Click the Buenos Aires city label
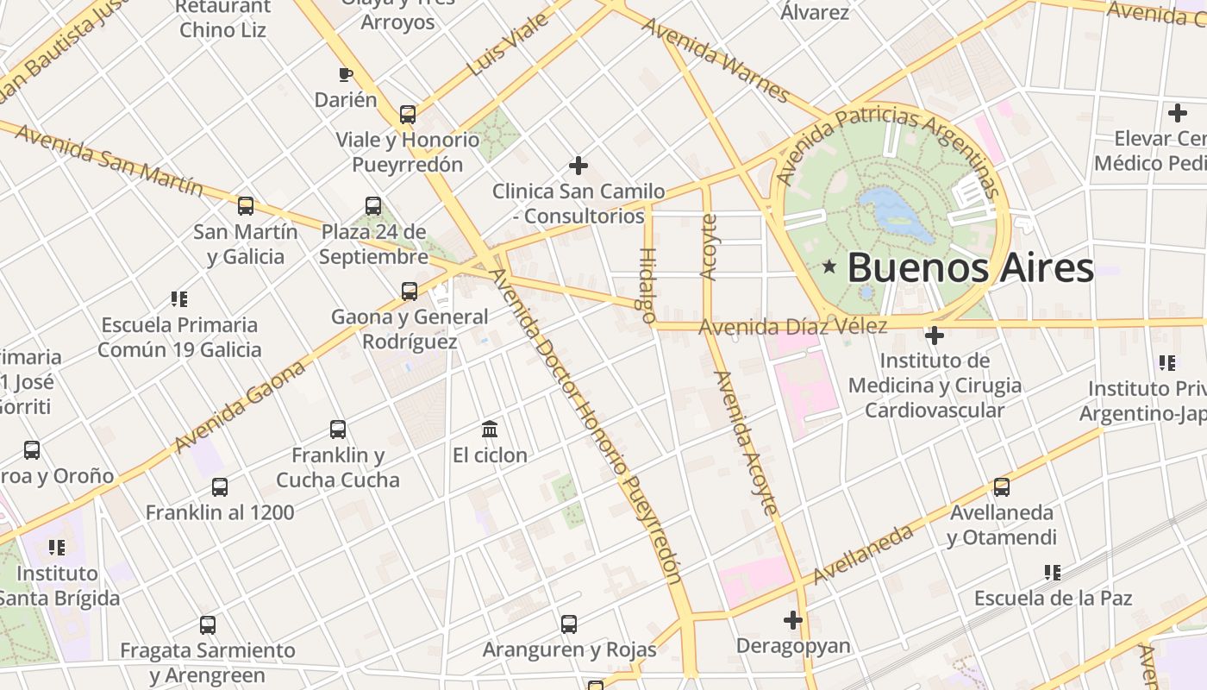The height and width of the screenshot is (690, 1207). point(970,268)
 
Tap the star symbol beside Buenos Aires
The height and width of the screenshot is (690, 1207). point(829,267)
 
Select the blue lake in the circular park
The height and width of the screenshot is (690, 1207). point(897,213)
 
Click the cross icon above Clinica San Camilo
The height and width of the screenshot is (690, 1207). point(578,165)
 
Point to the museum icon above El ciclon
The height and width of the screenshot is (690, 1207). point(490,429)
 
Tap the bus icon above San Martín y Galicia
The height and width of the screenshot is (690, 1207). point(246,206)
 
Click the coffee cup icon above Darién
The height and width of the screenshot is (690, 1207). point(346,74)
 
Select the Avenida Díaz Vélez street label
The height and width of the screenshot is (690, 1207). point(792,327)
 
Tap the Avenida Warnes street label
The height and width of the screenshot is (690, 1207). point(716,59)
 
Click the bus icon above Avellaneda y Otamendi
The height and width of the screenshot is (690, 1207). point(1001,487)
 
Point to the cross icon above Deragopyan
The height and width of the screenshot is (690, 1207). point(793,619)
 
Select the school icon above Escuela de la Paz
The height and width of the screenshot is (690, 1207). point(1052,572)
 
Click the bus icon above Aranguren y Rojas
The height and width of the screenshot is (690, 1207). point(569,624)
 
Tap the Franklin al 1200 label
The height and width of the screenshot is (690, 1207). point(220,512)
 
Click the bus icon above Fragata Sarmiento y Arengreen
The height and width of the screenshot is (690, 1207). point(208,624)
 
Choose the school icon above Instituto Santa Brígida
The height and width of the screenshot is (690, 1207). point(57,547)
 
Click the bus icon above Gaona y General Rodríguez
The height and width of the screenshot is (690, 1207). point(410,292)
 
